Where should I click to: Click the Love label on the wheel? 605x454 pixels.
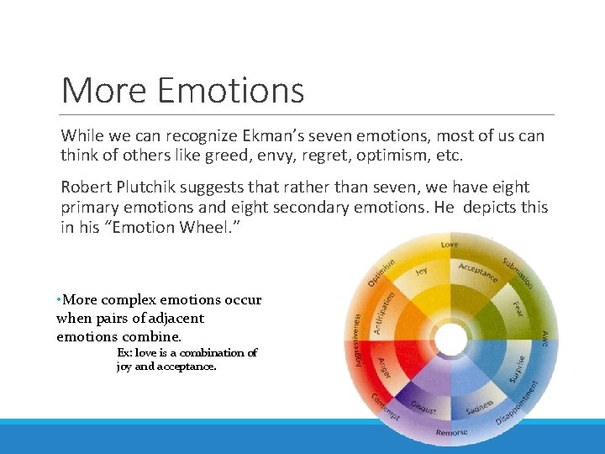tap(450, 245)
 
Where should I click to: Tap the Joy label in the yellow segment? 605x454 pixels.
tap(421, 272)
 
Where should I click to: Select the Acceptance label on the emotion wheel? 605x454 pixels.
tap(477, 272)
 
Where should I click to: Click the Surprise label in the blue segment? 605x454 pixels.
tap(518, 367)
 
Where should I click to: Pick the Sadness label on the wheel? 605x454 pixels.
tap(479, 407)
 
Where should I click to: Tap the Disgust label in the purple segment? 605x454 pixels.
tap(423, 406)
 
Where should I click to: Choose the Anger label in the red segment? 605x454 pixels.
tap(384, 368)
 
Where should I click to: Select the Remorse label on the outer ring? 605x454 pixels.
tap(451, 432)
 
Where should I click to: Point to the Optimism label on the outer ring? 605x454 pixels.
tap(381, 271)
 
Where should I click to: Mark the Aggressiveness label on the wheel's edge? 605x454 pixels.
tap(357, 340)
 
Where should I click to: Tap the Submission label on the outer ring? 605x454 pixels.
tap(518, 271)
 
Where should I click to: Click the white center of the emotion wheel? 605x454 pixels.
tap(451, 340)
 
